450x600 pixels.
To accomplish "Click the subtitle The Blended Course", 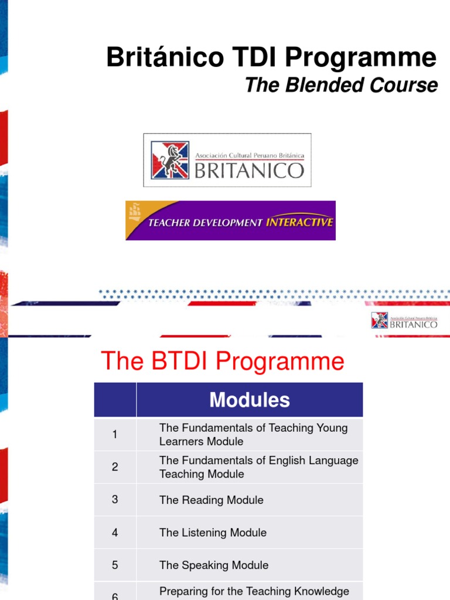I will pyautogui.click(x=341, y=85).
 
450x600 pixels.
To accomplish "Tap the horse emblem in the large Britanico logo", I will pyautogui.click(x=170, y=160).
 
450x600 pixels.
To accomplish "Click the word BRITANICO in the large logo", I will pyautogui.click(x=249, y=170).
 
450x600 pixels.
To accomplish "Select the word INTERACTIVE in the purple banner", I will pyautogui.click(x=299, y=222).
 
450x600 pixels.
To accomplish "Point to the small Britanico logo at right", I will pyautogui.click(x=404, y=321).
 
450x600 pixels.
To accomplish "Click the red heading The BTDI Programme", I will pyautogui.click(x=223, y=361).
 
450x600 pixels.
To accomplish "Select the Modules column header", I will pyautogui.click(x=250, y=400).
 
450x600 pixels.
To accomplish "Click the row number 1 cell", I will pyautogui.click(x=115, y=434).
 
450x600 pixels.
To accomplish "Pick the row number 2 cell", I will pyautogui.click(x=115, y=467).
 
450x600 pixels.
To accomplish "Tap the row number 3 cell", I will pyautogui.click(x=115, y=499).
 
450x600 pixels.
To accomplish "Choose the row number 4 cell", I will pyautogui.click(x=115, y=533).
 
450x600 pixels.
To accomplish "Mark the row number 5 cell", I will pyautogui.click(x=115, y=565).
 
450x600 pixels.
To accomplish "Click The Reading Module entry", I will pyautogui.click(x=212, y=500).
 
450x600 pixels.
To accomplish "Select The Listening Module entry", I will pyautogui.click(x=213, y=533).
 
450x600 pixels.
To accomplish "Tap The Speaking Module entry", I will pyautogui.click(x=214, y=565).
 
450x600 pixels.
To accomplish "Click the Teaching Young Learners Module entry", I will pyautogui.click(x=253, y=435).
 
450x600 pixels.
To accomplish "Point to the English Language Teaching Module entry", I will pyautogui.click(x=258, y=467).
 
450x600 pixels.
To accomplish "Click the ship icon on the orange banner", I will pyautogui.click(x=135, y=211).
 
